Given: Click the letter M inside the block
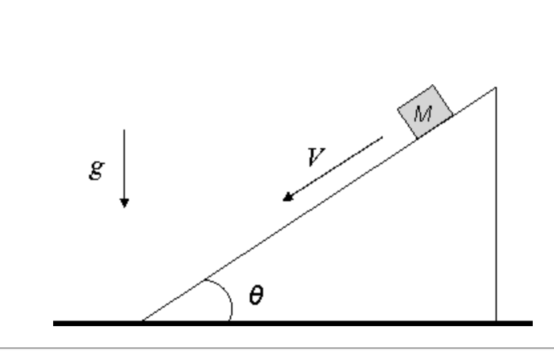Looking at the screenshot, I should (422, 114).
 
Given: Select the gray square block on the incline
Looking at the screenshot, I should (425, 112).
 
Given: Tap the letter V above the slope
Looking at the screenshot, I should (316, 157).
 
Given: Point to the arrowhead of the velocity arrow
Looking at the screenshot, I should (286, 198).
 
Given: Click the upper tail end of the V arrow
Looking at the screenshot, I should (383, 137).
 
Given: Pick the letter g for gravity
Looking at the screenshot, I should (96, 169).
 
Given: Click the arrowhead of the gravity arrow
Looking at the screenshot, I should (124, 203).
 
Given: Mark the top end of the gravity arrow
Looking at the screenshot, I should (124, 130).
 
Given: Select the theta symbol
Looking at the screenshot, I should (256, 295).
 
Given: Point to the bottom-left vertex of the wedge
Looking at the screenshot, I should (142, 321).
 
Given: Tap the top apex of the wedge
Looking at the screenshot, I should (495, 88).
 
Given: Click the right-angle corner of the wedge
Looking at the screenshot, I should (495, 321).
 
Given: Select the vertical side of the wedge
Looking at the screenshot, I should (495, 213).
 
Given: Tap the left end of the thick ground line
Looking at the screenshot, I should (54, 323).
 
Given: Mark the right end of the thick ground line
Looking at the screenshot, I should (531, 323).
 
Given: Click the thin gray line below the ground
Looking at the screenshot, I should (277, 347).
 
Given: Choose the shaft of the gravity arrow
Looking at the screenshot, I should (124, 166).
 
